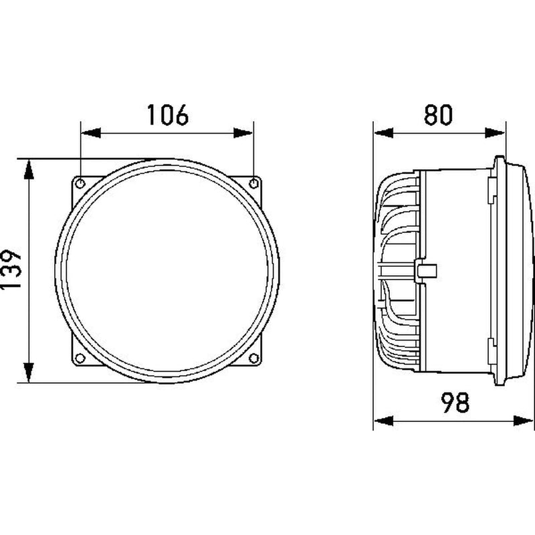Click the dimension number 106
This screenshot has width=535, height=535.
coord(168,114)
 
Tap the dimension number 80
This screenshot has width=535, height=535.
coord(439,114)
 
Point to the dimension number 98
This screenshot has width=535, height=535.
coord(455,402)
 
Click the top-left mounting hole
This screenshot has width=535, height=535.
coord(80,183)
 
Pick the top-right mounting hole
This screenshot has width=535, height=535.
coord(253,183)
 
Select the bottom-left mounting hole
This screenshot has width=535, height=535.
coord(80,358)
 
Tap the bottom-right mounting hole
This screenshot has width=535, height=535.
coord(253,358)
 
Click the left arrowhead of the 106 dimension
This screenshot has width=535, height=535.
coord(90,133)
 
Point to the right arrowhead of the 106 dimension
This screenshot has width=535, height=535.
coord(243,133)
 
